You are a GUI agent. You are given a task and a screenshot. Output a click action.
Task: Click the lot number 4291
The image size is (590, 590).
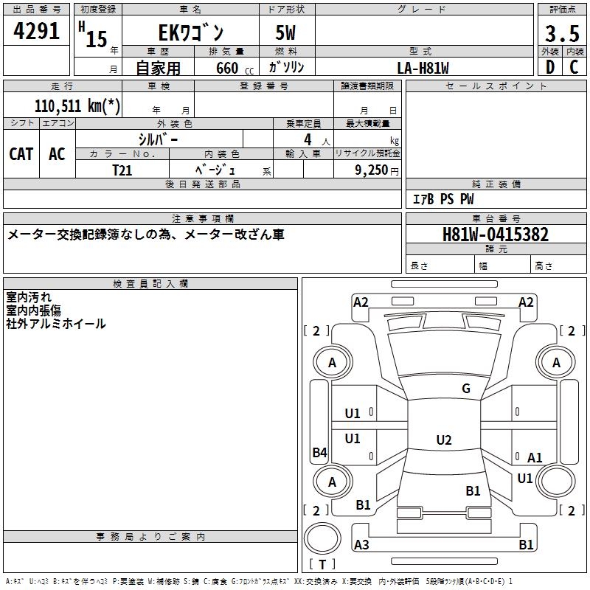[x=36, y=31]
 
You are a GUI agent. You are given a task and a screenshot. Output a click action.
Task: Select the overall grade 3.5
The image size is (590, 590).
[x=562, y=33]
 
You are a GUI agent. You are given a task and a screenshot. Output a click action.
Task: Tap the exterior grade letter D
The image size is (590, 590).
[x=550, y=67]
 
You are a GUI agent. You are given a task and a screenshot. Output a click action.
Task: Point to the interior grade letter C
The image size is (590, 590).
[x=574, y=67]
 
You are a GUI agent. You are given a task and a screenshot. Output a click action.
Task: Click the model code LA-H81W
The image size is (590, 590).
[x=423, y=68]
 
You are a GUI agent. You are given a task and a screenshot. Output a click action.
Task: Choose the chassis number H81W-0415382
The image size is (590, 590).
[x=496, y=234]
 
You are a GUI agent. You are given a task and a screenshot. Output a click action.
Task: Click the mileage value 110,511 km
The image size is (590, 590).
[x=77, y=106]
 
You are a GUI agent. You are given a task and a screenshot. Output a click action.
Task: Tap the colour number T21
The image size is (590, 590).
[x=122, y=170]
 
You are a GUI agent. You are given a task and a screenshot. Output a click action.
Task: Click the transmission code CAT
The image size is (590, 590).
[x=21, y=154]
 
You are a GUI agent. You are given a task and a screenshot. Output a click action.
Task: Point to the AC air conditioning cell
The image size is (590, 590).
[x=57, y=154]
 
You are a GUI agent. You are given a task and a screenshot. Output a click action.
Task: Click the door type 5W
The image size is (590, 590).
[x=285, y=32]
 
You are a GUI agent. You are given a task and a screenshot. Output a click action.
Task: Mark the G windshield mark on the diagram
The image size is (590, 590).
[x=466, y=388]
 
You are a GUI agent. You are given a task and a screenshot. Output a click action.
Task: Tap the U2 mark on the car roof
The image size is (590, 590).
[x=444, y=440]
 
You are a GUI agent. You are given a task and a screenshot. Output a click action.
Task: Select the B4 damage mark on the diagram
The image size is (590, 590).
[x=320, y=452]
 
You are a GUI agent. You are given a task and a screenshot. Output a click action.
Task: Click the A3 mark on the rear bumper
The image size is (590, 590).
[x=361, y=544]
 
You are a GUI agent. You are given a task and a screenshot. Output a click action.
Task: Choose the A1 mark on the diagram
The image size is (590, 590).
[x=535, y=457]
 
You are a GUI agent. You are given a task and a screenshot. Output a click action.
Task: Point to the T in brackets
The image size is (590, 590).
[x=322, y=564]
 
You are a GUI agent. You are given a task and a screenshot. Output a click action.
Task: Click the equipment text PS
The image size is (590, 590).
[x=447, y=198]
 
